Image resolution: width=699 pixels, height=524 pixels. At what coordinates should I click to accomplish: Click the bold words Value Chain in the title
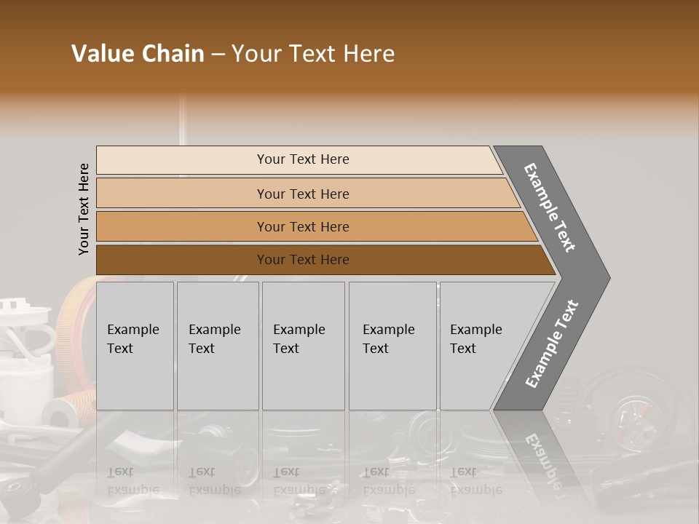[x=138, y=54]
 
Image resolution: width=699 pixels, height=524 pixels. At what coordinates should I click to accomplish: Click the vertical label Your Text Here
[x=84, y=209]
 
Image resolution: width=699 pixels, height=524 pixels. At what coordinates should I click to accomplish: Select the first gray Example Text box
[x=135, y=346]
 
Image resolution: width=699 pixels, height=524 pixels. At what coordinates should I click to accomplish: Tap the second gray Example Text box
[x=218, y=346]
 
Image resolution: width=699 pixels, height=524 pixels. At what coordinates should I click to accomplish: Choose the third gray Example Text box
[x=303, y=346]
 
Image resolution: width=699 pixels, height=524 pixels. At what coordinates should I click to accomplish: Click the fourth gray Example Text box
[x=392, y=346]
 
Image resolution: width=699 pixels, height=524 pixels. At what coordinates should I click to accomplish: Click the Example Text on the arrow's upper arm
[x=550, y=207]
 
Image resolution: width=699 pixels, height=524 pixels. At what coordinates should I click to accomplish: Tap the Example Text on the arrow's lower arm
[x=552, y=344]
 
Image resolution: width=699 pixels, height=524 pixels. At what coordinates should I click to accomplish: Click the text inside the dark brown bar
[x=303, y=260]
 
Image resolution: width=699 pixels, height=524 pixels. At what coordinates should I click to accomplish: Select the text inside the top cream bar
[x=303, y=159]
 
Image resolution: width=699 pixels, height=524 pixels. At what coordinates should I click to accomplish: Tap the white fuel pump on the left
[x=25, y=357]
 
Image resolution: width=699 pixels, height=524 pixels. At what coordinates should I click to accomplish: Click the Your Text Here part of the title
[x=313, y=54]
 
